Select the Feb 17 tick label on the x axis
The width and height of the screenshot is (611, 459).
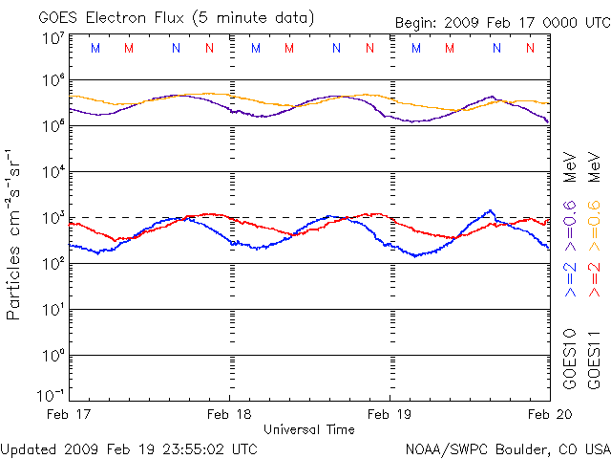click(x=69, y=415)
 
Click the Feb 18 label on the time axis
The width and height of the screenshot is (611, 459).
click(x=229, y=415)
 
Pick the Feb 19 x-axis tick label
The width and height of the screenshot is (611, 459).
click(x=390, y=415)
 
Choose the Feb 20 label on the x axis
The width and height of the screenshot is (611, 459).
click(x=550, y=415)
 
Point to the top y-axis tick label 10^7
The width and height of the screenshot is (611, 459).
click(x=53, y=38)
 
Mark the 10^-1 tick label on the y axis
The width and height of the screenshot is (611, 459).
click(x=51, y=395)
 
